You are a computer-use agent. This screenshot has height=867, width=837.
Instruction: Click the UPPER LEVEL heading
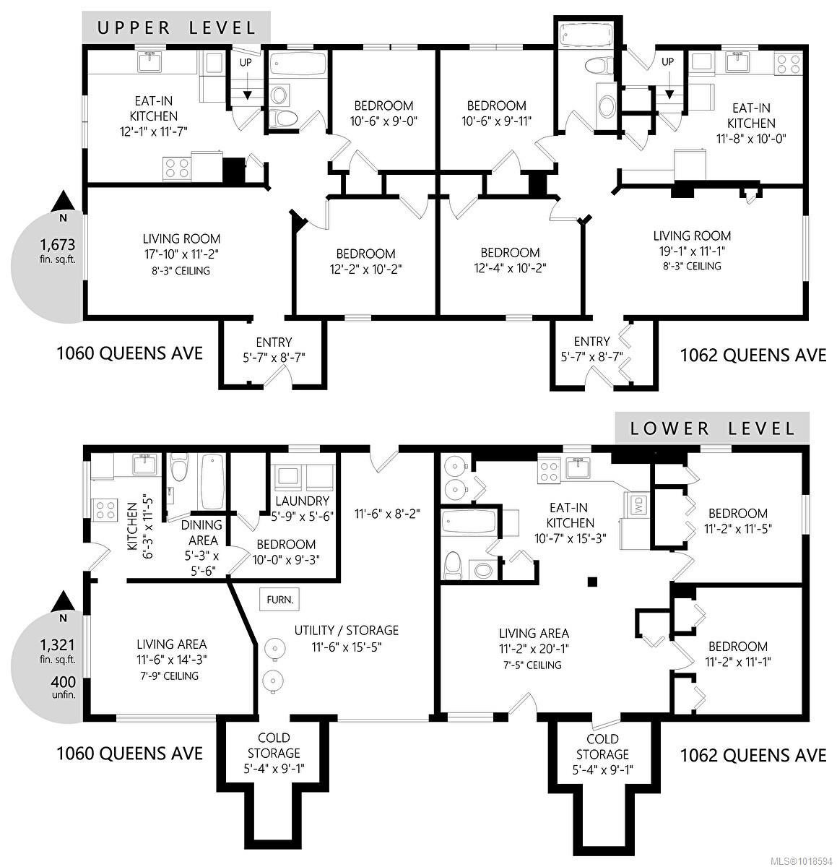pos(176,28)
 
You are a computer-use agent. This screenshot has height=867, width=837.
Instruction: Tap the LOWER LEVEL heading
pos(712,428)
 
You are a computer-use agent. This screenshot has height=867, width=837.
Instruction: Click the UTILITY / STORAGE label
pos(346,639)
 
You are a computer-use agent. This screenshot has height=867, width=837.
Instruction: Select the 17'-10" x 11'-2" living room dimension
pos(181,254)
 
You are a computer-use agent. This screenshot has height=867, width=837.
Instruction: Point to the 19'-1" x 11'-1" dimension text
pos(691,251)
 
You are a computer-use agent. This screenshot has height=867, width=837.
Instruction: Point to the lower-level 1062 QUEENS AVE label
pos(753,756)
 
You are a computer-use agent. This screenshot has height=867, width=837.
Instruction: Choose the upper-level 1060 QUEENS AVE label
pos(129,354)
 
